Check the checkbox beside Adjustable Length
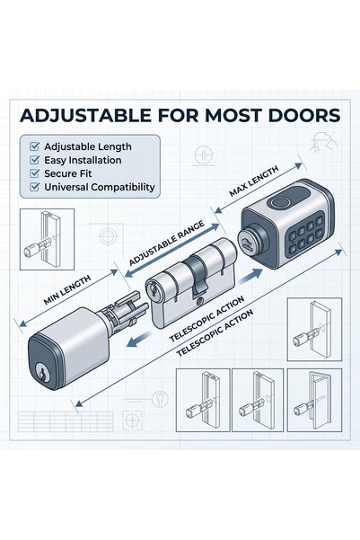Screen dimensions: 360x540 35,146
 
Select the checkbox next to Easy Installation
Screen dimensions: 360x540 35,160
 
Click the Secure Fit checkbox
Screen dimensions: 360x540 35,173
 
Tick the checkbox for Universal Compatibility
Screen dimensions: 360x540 35,187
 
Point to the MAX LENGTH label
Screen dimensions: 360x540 254,181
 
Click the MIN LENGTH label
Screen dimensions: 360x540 67,289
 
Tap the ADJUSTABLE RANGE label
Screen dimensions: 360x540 167,243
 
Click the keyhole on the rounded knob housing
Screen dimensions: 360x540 42,374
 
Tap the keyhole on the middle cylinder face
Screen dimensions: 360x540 154,291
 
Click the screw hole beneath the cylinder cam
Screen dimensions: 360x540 199,301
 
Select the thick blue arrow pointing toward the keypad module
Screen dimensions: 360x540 250,276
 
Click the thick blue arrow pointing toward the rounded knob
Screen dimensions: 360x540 138,339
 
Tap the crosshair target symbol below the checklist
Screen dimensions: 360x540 109,236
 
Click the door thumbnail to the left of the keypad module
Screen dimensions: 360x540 48,239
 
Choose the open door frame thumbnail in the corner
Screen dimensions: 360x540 314,400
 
